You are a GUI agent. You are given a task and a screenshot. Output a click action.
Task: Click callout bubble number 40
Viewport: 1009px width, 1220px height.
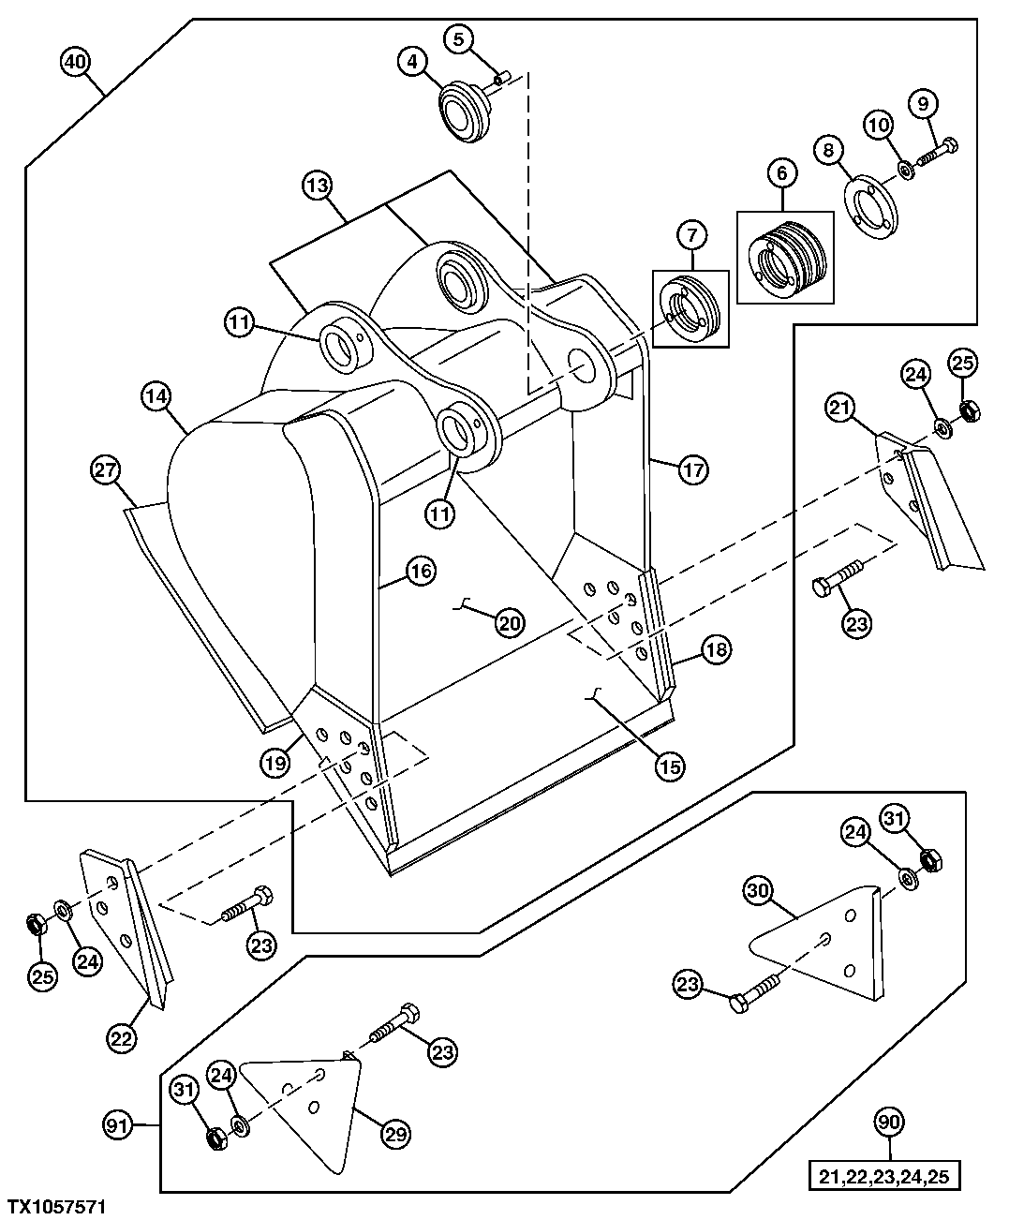click(x=75, y=63)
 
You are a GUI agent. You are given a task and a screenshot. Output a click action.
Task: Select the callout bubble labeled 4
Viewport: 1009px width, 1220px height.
click(x=410, y=63)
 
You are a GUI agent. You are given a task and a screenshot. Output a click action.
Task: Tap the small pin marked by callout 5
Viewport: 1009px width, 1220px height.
click(x=502, y=78)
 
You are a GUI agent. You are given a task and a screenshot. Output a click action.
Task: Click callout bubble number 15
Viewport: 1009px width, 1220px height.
click(x=670, y=766)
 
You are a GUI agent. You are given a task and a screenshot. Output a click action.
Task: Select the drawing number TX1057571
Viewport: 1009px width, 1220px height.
click(x=57, y=1206)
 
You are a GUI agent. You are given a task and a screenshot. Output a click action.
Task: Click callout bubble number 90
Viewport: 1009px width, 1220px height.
click(x=891, y=1122)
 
